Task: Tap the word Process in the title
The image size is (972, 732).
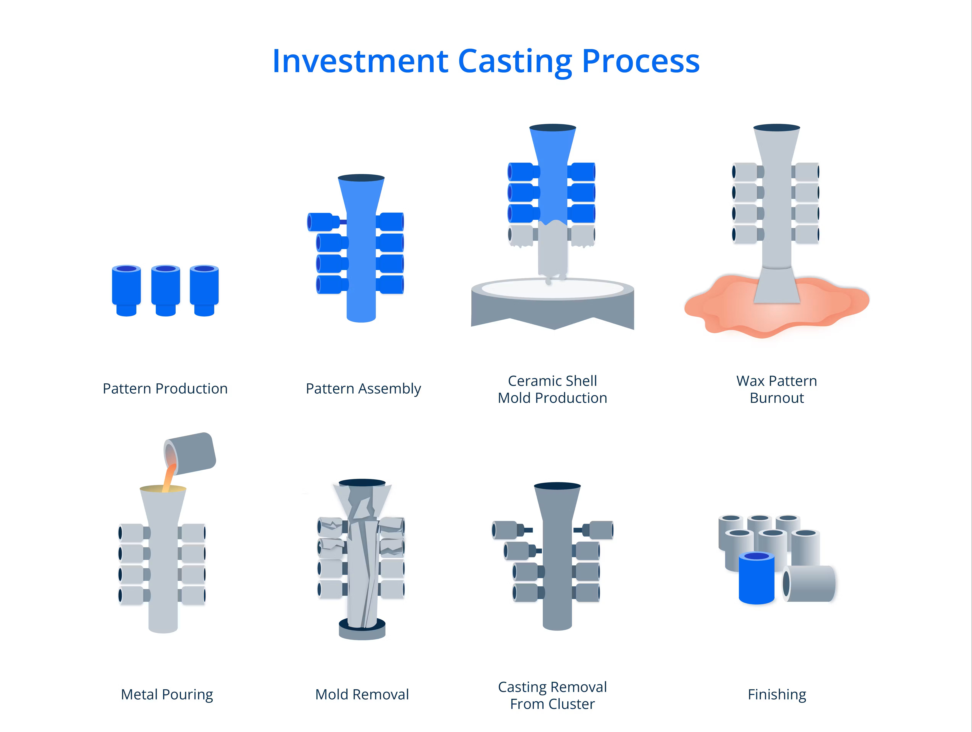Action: [641, 61]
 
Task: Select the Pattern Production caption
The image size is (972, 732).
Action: [165, 389]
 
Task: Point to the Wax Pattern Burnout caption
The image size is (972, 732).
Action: [776, 389]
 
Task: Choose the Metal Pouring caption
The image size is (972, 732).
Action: [167, 695]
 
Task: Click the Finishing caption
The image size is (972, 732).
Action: [777, 695]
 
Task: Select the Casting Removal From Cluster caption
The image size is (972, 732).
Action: [552, 695]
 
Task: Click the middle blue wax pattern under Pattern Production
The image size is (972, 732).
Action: [166, 290]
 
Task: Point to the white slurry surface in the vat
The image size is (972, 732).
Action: [552, 289]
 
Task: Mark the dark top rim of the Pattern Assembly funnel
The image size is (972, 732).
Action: [361, 178]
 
